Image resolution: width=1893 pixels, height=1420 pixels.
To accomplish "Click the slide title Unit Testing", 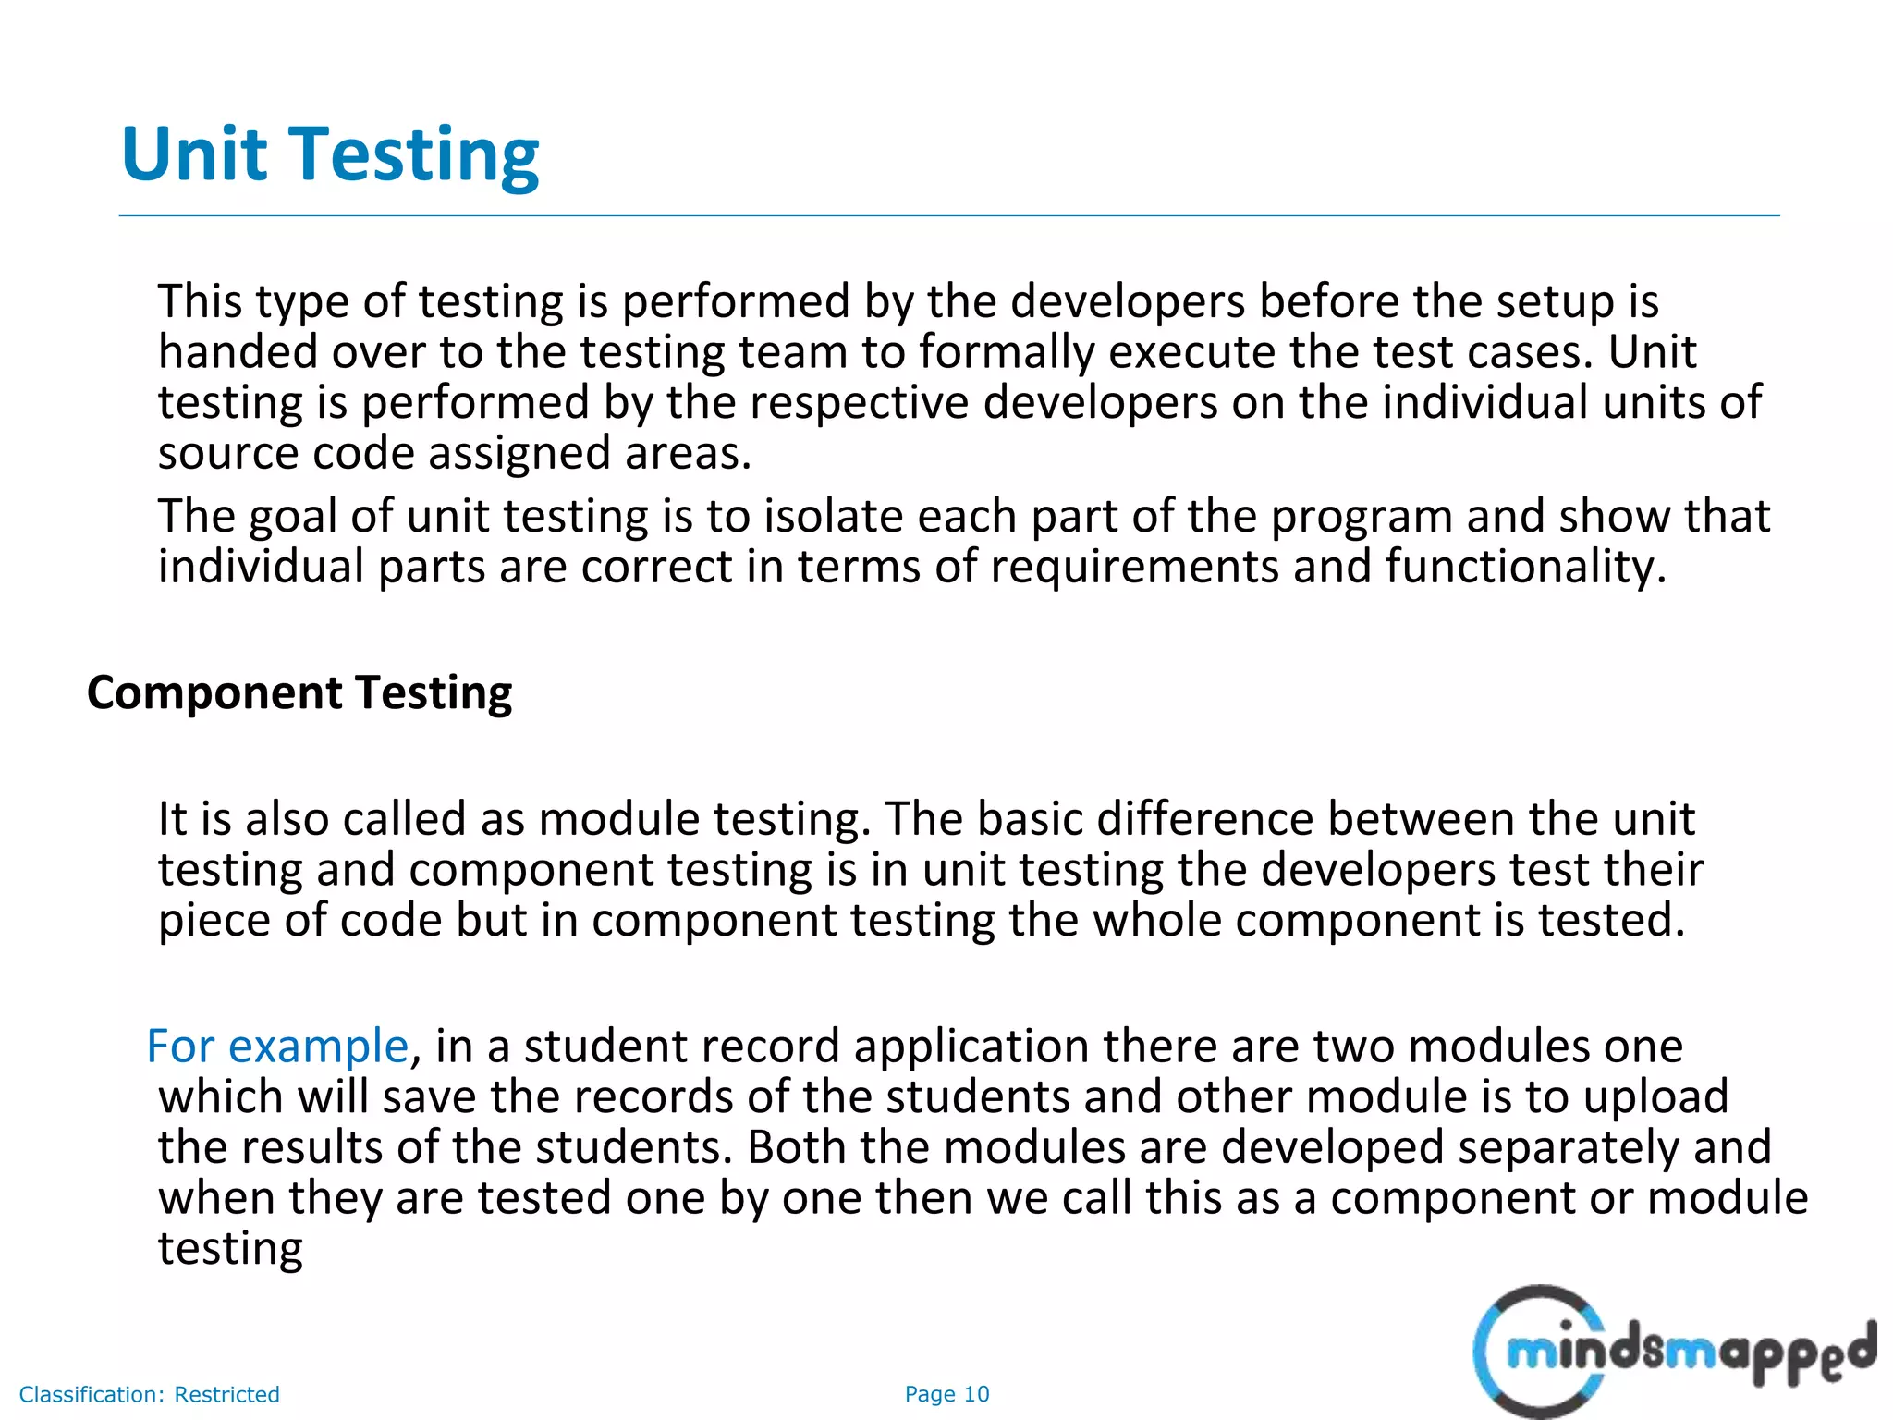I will [330, 154].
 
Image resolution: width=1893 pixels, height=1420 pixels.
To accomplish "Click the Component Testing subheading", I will [299, 692].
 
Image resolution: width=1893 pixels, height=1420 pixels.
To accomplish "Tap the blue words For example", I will [277, 1046].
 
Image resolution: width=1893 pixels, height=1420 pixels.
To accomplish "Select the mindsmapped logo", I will [1674, 1352].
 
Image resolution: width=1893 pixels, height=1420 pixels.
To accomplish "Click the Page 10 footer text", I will [946, 1394].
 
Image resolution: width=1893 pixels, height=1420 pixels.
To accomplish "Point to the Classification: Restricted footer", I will [149, 1394].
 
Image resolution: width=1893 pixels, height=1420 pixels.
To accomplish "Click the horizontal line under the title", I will [948, 216].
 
